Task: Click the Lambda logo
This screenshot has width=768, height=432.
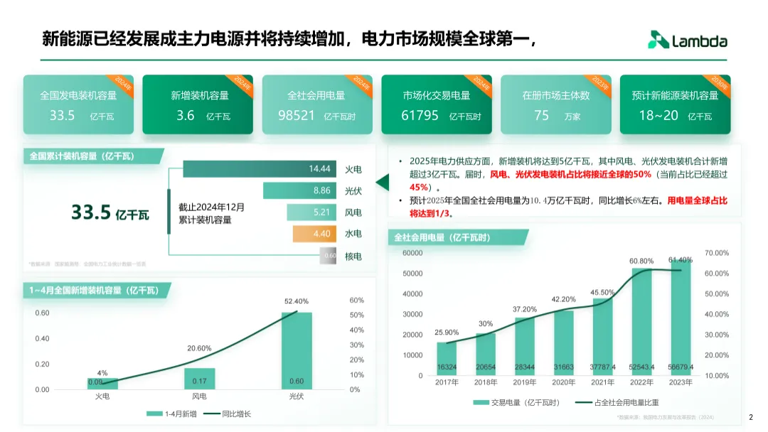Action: [687, 40]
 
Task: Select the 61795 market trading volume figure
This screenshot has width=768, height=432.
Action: [420, 115]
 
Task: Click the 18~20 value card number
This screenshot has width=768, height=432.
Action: [658, 115]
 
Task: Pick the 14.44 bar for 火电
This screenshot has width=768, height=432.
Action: [260, 169]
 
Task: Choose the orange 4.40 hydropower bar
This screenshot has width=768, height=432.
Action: [314, 233]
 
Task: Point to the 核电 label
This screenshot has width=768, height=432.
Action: [353, 256]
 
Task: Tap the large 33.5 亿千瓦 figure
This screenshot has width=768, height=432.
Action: [110, 212]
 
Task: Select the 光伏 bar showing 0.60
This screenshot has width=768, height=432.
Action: [296, 351]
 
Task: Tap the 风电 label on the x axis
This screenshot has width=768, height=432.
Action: [200, 396]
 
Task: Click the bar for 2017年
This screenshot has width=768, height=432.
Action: [447, 359]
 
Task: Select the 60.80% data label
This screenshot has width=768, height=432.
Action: [641, 261]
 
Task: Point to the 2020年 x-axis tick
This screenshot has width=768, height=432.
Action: [563, 382]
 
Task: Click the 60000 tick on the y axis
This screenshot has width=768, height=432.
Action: [412, 253]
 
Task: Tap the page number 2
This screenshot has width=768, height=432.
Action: [751, 417]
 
